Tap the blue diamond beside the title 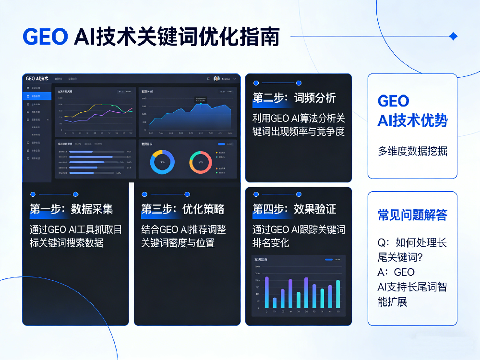[453, 36]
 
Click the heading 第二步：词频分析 [294, 98]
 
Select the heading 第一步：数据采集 [71, 209]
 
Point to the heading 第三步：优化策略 [182, 209]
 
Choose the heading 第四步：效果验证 [294, 209]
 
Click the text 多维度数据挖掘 [412, 151]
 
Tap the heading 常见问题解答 [412, 215]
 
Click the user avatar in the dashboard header [216, 78]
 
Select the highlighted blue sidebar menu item [37, 96]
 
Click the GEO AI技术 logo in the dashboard [37, 78]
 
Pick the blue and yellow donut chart [162, 162]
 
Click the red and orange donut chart [200, 162]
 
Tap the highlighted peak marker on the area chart [201, 104]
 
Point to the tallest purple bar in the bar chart [267, 292]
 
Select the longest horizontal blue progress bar [91, 157]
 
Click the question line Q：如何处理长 [412, 243]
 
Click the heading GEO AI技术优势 [412, 110]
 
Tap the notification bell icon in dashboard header [208, 78]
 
